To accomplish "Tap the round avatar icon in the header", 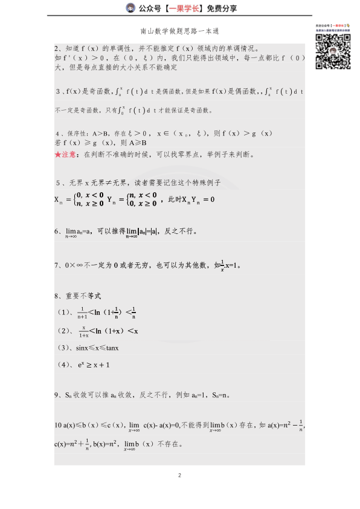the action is pyautogui.click(x=130, y=8).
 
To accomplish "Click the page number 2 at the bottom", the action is pyautogui.click(x=180, y=475).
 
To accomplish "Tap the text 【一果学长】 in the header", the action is pyautogui.click(x=178, y=8).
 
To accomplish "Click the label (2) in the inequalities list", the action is pyautogui.click(x=65, y=331).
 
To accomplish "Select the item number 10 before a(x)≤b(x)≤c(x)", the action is pyautogui.click(x=57, y=424).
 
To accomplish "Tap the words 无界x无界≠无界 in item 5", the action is pyautogui.click(x=97, y=183).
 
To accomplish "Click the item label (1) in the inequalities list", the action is pyautogui.click(x=65, y=313).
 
